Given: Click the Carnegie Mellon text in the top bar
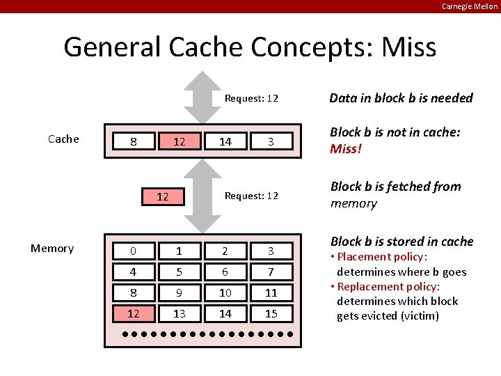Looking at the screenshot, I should click(470, 6).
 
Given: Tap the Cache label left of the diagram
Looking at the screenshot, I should click(63, 139).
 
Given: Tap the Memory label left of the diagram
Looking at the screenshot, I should click(51, 249).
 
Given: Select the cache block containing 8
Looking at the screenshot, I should click(134, 142).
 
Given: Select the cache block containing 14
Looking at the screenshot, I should click(225, 142).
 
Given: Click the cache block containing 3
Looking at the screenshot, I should click(271, 142).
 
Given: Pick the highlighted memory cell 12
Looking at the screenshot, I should click(134, 313).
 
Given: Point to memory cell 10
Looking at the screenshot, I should click(225, 293).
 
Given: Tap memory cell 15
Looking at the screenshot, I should click(271, 313).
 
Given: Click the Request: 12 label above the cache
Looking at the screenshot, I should click(251, 98).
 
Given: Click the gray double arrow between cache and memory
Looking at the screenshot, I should click(202, 196).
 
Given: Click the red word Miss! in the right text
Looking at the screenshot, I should click(346, 149).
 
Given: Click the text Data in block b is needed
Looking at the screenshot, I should click(401, 98).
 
